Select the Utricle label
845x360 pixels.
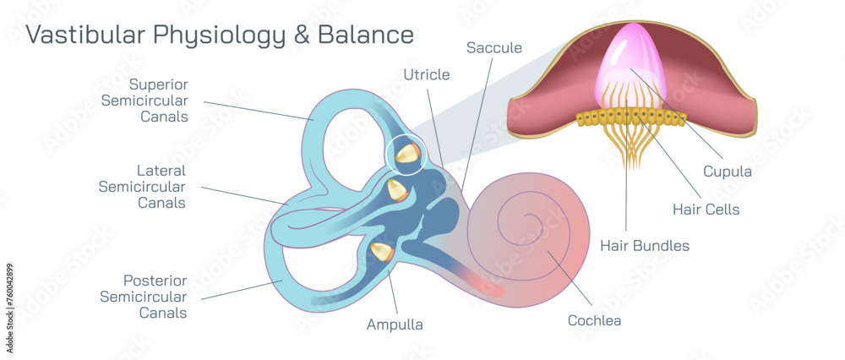point(426,74)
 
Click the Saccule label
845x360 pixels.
point(494,48)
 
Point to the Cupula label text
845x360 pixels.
point(727,172)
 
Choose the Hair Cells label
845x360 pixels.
point(706,209)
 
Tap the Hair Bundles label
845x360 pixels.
point(645,246)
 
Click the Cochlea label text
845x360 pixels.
point(594,320)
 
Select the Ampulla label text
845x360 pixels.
point(394,324)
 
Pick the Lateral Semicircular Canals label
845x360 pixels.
point(142,186)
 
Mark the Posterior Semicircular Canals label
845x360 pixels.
point(143,296)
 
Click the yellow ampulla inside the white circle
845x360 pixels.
point(407,153)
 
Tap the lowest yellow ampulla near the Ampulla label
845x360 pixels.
point(382,252)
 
